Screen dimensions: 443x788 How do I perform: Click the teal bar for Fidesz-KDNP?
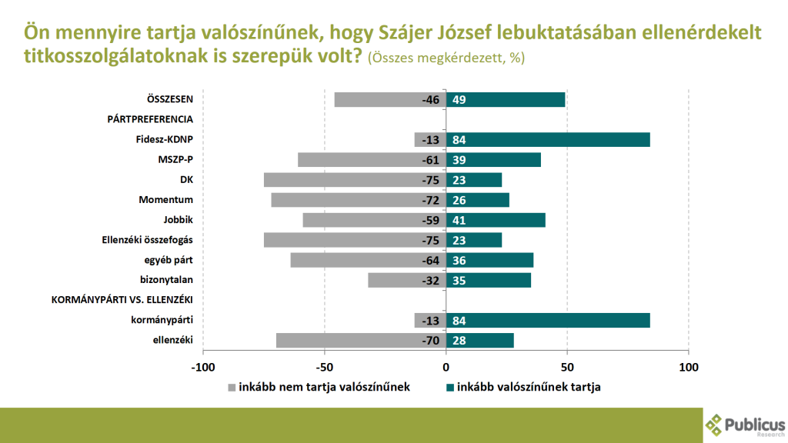click(548, 139)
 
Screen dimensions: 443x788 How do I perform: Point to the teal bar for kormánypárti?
click(548, 321)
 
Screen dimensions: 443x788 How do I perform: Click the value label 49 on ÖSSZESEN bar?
click(459, 100)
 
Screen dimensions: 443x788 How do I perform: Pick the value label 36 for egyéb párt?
click(459, 261)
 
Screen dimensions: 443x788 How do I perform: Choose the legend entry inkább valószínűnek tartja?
click(528, 387)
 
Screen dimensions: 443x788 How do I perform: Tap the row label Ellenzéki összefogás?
click(147, 240)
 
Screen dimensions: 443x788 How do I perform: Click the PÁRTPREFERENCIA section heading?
click(149, 119)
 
